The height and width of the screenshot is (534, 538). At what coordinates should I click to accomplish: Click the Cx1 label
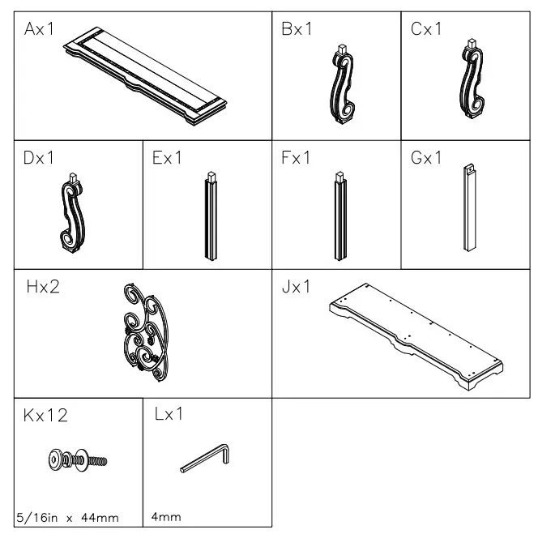pyautogui.click(x=426, y=31)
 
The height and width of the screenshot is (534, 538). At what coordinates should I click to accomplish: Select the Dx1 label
pyautogui.click(x=39, y=158)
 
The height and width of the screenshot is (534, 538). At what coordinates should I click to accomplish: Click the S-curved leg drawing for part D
pyautogui.click(x=70, y=212)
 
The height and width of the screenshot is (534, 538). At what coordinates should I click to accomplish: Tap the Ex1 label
pyautogui.click(x=168, y=158)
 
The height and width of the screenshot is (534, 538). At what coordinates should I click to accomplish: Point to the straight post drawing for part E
pyautogui.click(x=211, y=215)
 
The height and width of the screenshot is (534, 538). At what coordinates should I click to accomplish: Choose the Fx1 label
pyautogui.click(x=297, y=158)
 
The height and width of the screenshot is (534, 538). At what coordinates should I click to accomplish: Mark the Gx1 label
pyautogui.click(x=427, y=158)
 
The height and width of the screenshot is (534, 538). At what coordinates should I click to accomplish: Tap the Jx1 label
pyautogui.click(x=297, y=288)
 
